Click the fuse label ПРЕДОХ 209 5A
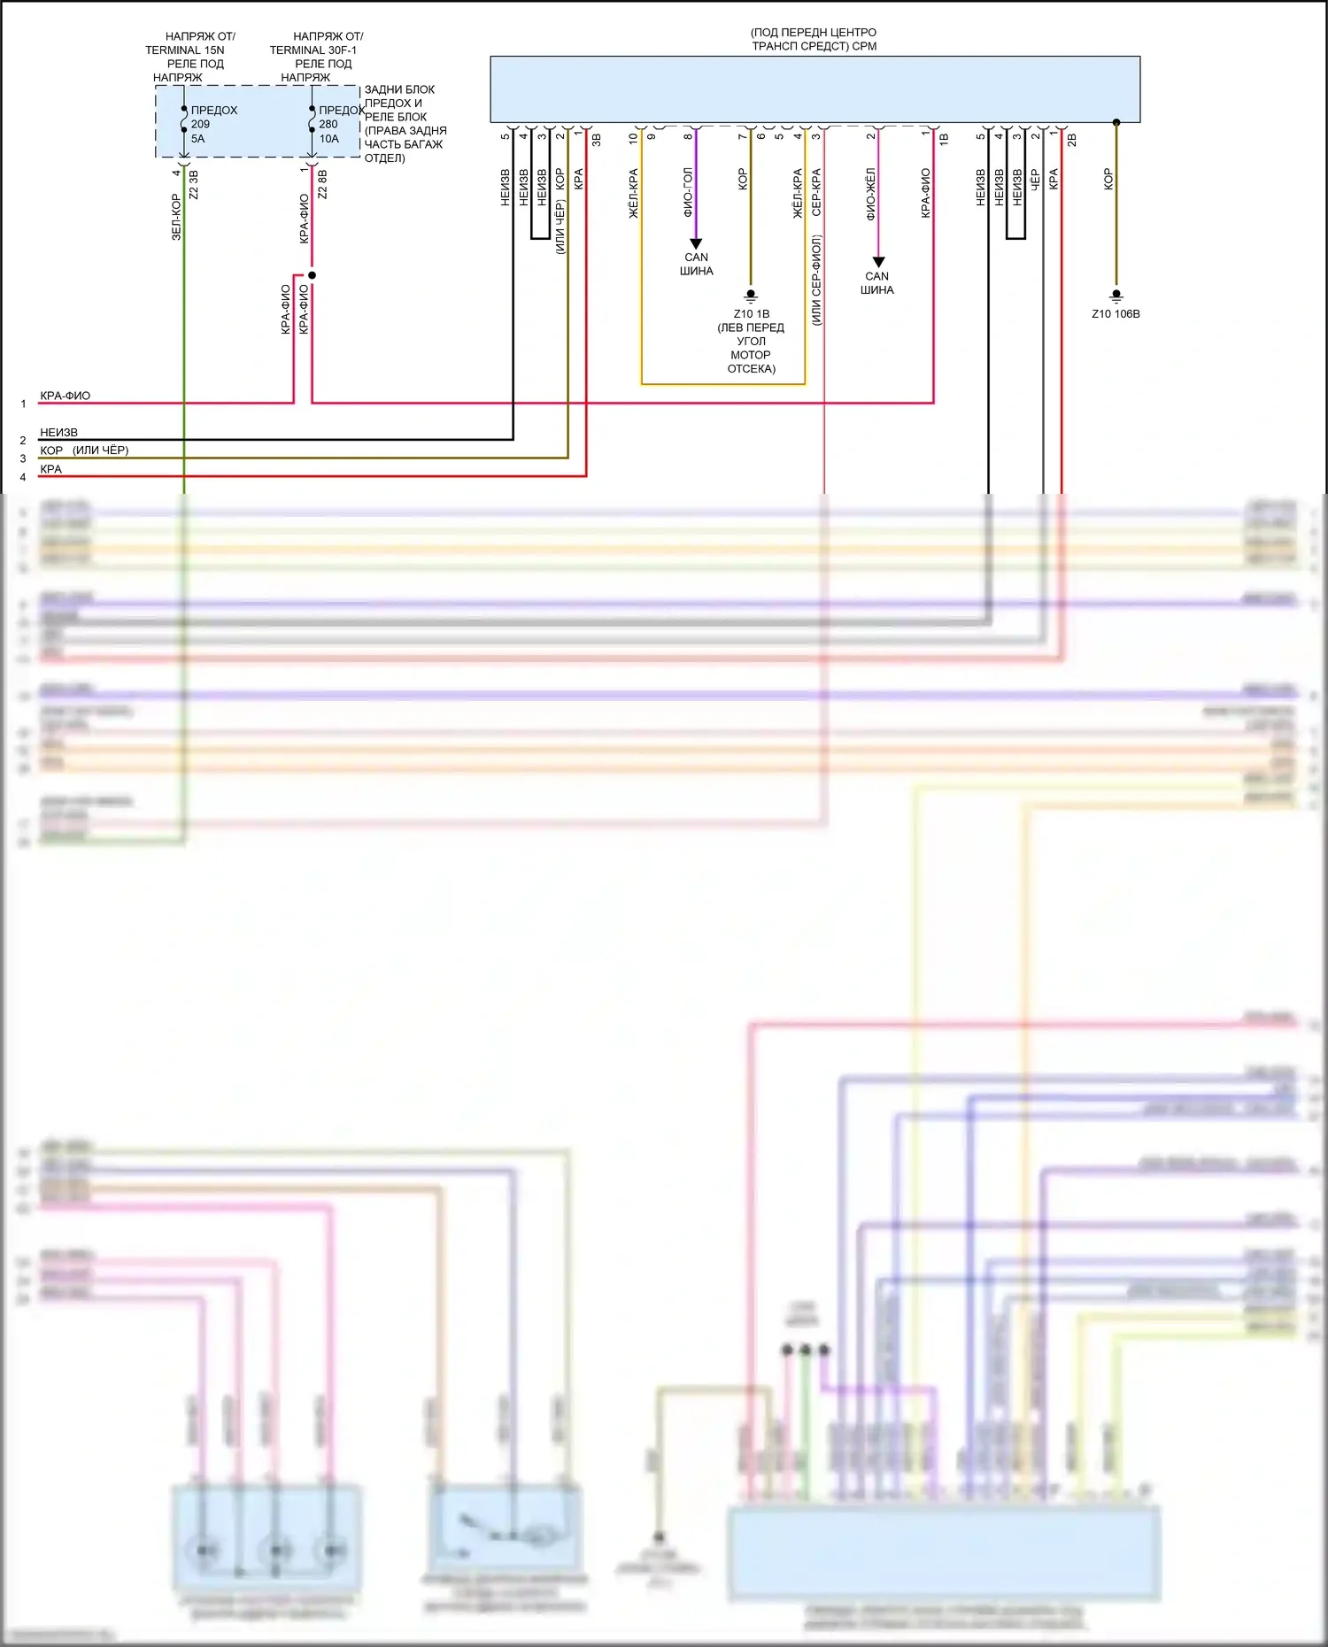(213, 124)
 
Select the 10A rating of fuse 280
(328, 139)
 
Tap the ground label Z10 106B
(1116, 314)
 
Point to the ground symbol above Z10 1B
(751, 296)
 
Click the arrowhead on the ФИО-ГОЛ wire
(696, 244)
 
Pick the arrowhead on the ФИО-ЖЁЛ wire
(878, 263)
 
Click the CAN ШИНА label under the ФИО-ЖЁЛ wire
(876, 283)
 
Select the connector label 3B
(597, 140)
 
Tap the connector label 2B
(1072, 140)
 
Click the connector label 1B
(944, 140)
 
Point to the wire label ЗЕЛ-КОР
(175, 218)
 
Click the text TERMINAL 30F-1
(313, 50)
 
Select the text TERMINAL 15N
(185, 50)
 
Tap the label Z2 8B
(322, 184)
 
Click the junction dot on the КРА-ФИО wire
(312, 275)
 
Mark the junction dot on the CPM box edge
(1116, 122)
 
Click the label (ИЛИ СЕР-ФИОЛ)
(816, 280)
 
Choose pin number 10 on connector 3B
(633, 138)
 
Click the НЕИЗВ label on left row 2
(58, 433)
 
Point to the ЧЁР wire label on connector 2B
(1035, 181)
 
